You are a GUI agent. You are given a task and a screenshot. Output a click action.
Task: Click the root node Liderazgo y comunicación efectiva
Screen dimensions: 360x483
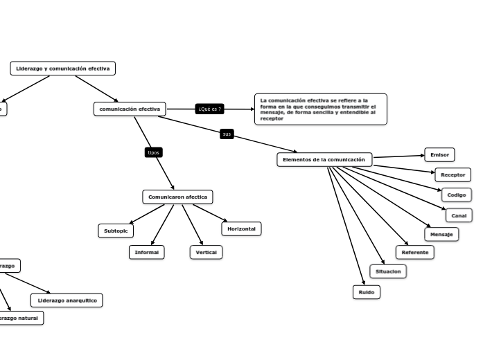62,69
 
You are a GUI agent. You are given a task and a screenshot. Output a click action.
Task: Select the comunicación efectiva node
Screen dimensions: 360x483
130,109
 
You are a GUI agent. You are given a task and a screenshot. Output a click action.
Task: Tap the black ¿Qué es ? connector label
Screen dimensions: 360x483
209,109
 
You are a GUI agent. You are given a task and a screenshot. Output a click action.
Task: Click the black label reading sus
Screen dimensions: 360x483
227,134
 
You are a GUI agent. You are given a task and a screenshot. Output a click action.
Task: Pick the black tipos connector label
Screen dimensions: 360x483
154,152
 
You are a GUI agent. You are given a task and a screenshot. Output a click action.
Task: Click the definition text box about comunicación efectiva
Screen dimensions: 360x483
320,109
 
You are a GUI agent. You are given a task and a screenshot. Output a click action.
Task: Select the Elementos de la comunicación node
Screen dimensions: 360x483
324,160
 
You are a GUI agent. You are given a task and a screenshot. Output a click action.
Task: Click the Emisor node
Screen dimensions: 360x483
439,155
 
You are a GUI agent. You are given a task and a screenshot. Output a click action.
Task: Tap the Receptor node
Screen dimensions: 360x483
453,175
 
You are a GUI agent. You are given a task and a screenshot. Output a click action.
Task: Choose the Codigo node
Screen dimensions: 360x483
456,195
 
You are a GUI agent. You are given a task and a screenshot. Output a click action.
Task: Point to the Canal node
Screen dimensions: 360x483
459,215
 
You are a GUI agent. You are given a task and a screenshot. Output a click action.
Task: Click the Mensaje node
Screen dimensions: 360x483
441,235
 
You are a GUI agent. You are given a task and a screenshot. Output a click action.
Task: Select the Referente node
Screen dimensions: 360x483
414,253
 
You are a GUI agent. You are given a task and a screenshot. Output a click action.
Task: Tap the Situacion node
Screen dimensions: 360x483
388,271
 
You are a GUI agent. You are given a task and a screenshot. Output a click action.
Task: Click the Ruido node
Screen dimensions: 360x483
366,292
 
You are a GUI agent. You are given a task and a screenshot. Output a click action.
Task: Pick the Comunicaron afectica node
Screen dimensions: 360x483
177,197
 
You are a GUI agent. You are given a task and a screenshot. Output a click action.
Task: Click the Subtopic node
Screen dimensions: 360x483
116,231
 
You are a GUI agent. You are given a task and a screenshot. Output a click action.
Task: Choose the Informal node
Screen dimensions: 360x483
146,253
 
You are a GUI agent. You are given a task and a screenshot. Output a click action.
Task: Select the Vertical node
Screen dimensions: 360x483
206,253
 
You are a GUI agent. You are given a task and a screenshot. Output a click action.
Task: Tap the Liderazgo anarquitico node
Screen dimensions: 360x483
67,300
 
